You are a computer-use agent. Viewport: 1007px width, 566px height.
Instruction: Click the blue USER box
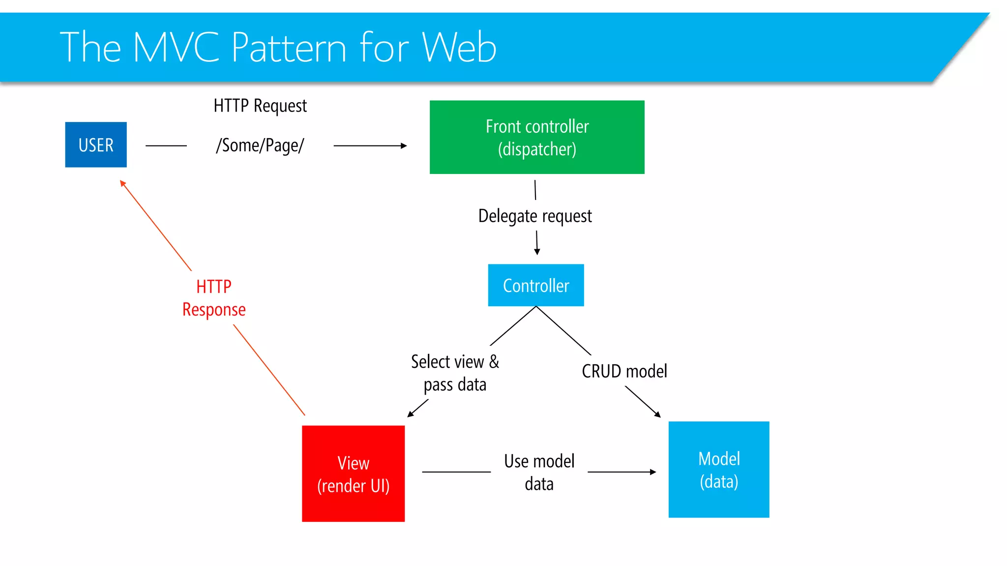click(96, 144)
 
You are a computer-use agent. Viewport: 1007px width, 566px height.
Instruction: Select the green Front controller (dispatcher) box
click(537, 137)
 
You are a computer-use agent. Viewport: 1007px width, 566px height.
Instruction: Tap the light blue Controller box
click(536, 285)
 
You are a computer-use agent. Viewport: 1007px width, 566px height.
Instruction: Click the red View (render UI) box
click(353, 474)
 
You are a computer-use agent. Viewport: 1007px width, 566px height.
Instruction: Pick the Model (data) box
click(719, 470)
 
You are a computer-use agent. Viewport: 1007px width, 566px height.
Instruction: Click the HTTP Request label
click(260, 106)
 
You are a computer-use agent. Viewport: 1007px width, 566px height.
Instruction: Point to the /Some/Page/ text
click(260, 145)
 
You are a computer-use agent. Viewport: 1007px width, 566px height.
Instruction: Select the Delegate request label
click(535, 216)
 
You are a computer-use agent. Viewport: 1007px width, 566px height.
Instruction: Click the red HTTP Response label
click(214, 298)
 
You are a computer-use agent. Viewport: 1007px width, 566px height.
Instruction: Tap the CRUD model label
click(624, 371)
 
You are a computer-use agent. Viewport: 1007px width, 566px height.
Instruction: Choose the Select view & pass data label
click(455, 373)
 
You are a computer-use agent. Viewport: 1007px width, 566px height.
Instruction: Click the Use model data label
click(539, 472)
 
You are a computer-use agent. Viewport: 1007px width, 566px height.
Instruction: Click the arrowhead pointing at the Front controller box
click(404, 145)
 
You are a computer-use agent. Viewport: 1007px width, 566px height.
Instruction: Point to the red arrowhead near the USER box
click(123, 183)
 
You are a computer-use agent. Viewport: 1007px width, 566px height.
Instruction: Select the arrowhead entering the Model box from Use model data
click(653, 472)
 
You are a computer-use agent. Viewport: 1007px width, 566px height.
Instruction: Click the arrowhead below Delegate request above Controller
click(537, 252)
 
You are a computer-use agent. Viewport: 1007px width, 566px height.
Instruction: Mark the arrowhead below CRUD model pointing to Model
click(658, 415)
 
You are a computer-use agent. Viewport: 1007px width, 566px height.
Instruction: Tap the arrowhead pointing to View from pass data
click(411, 414)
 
